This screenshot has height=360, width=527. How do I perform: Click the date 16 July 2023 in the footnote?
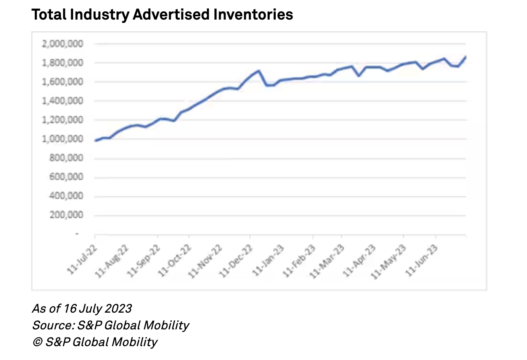pos(98,308)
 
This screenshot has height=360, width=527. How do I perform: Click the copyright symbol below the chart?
pos(37,342)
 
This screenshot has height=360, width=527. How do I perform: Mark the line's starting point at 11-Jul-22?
pos(95,140)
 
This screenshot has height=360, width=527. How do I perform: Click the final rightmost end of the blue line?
pos(466,57)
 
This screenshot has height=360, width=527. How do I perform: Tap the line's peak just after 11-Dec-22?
pos(259,71)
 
